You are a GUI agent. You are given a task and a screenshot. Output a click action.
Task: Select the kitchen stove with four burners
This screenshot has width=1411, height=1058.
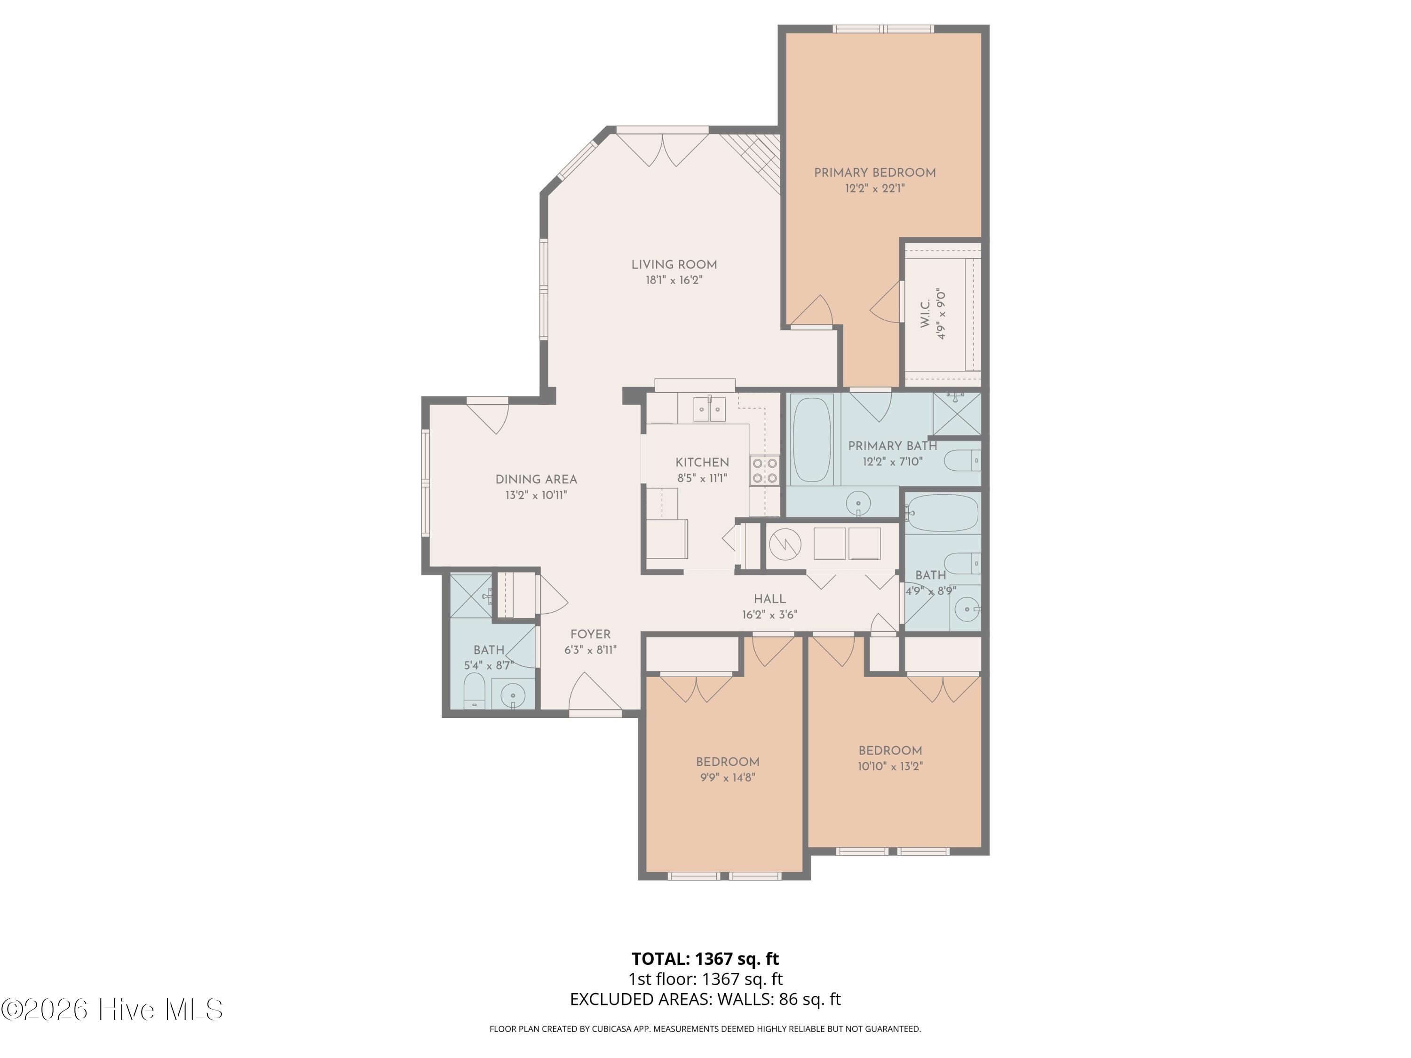[x=765, y=471]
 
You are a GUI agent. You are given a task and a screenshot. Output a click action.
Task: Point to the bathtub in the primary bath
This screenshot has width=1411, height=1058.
[x=811, y=439]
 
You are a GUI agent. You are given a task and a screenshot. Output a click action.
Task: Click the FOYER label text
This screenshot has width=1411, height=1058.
[x=590, y=634]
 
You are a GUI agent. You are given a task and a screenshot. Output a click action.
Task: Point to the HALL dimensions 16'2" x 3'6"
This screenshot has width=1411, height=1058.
[x=769, y=615]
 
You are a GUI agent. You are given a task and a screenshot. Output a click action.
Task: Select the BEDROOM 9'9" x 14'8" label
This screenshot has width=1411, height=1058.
[x=727, y=769]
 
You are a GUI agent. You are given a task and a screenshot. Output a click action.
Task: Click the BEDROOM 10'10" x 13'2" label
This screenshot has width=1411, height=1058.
[x=890, y=758]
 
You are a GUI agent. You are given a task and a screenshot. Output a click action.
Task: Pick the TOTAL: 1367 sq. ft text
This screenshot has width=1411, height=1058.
[x=705, y=958]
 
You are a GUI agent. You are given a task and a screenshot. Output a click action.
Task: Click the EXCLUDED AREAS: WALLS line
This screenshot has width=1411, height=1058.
[x=705, y=999]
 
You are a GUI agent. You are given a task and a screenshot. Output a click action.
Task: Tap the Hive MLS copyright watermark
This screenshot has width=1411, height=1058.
[x=112, y=1010]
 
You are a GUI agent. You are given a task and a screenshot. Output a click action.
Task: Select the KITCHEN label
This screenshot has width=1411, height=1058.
[x=702, y=462]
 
